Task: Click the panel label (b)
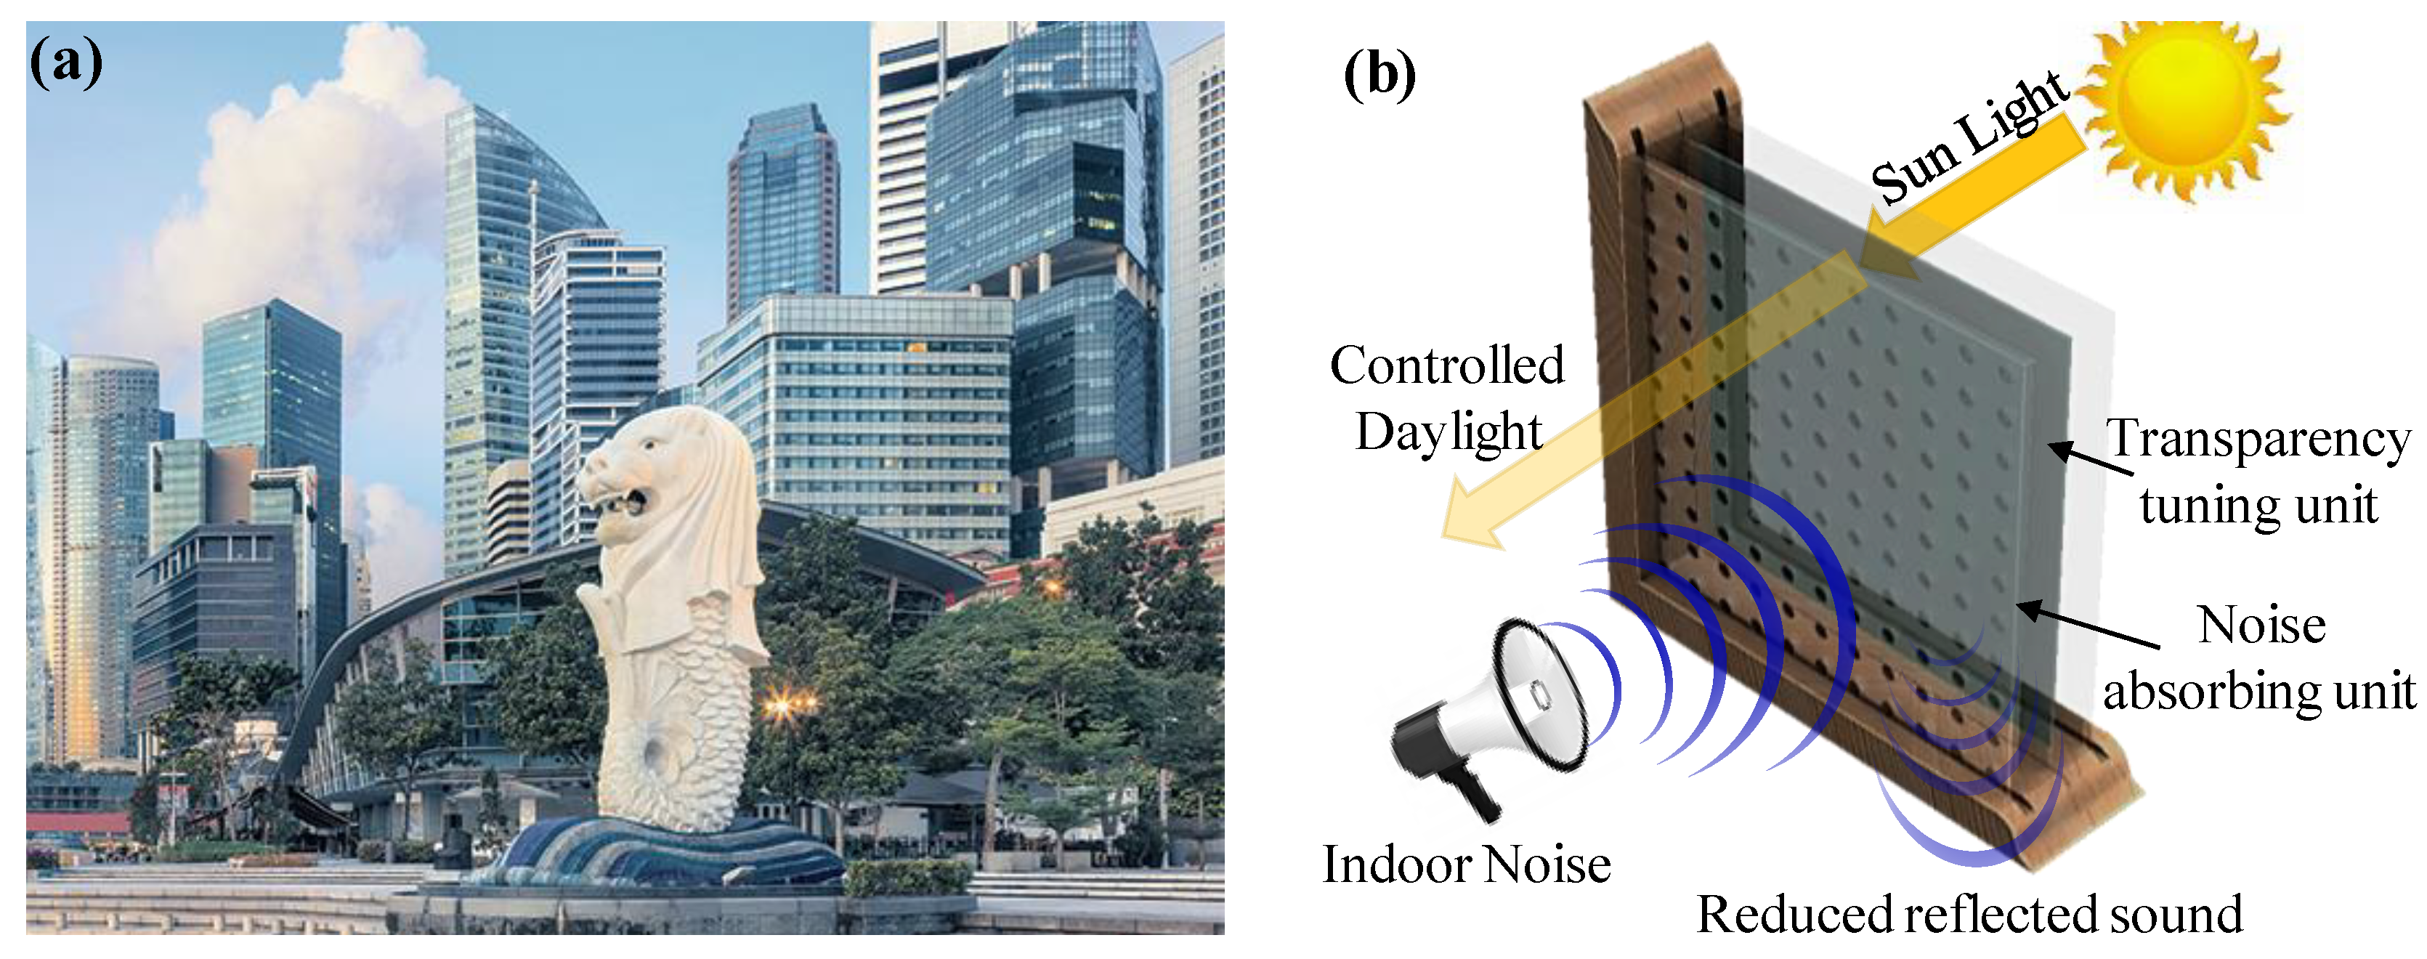point(1378,76)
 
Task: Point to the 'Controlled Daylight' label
point(1447,397)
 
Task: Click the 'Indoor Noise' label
point(1466,865)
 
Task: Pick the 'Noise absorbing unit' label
point(2259,657)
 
